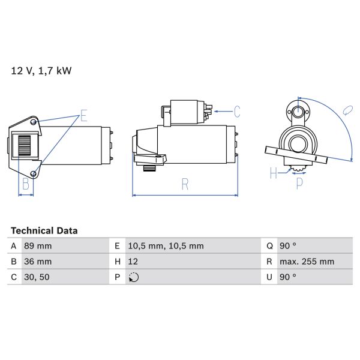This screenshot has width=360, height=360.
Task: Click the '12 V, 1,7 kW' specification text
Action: pos(41,71)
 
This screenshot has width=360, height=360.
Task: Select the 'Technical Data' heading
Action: pos(44,230)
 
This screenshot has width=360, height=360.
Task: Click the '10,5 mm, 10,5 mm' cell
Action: pos(166,246)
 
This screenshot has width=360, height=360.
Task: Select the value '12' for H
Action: pos(133,262)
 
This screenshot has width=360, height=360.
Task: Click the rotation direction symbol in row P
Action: pos(133,277)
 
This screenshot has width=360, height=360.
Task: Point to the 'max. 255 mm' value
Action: pos(308,262)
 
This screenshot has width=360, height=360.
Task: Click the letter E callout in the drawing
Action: pos(83,115)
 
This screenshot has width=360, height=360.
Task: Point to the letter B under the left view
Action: pos(25,184)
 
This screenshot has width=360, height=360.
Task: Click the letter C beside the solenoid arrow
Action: pos(237,111)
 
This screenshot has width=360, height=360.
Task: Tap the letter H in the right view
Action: pos(274,173)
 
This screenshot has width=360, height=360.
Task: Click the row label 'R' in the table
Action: pos(269,262)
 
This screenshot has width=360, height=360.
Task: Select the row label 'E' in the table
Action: pos(116,246)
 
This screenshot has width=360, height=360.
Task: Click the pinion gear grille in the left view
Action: pos(25,146)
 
